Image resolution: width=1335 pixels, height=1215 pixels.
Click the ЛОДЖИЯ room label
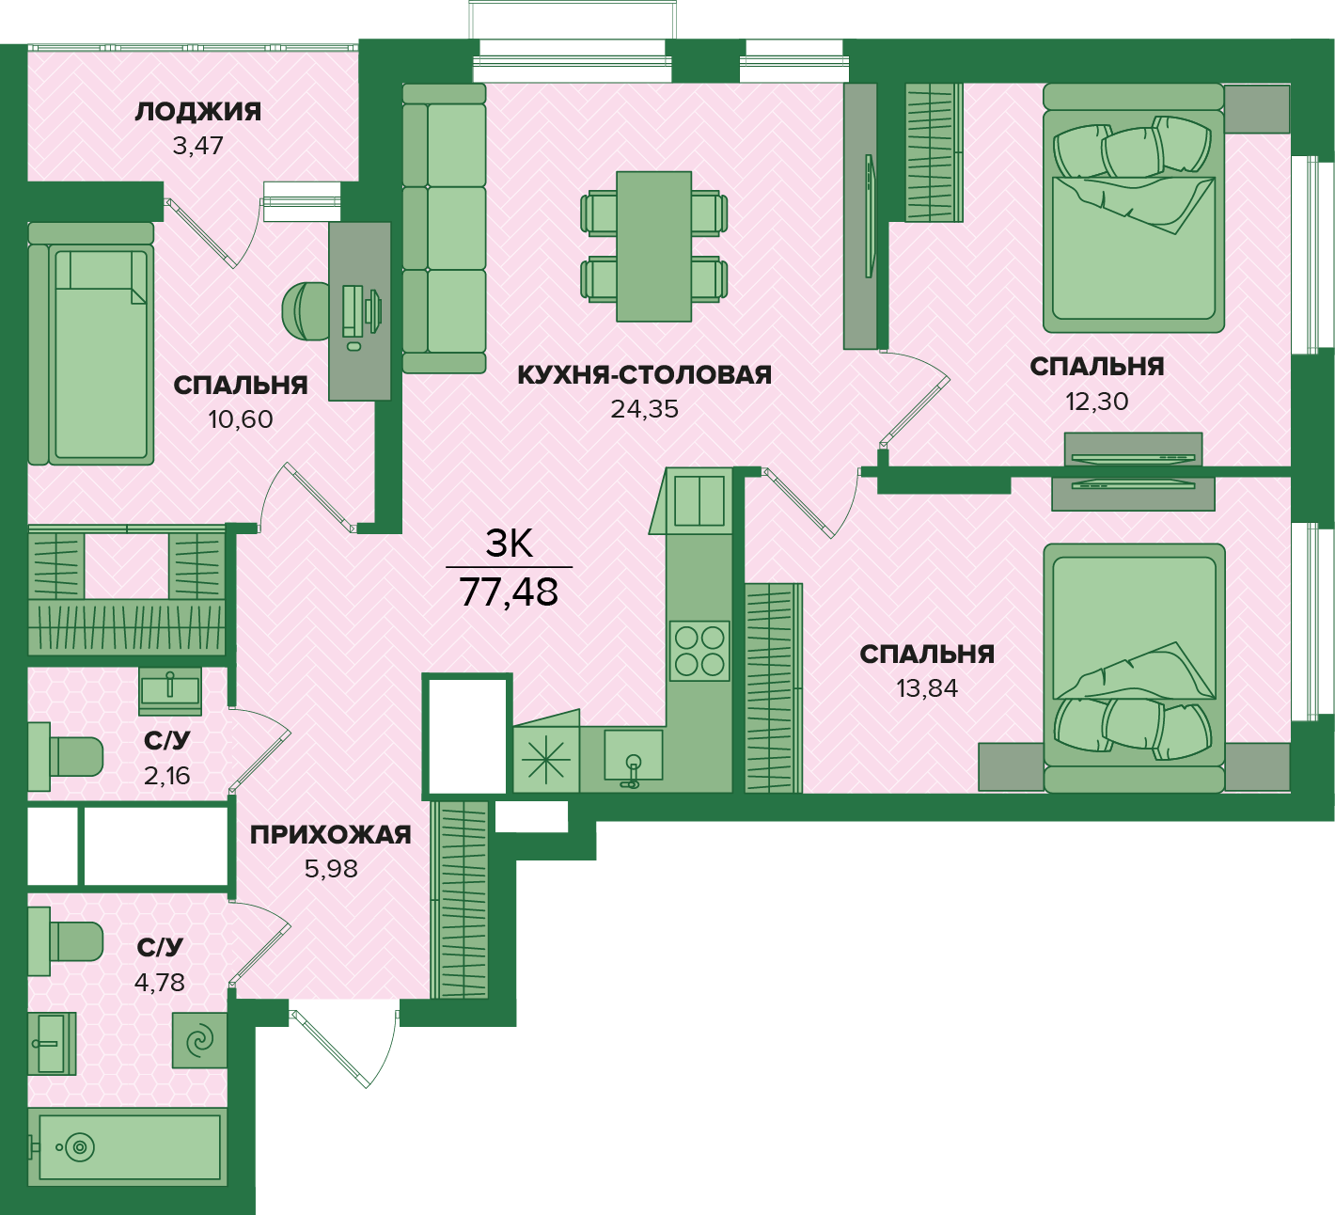click(197, 112)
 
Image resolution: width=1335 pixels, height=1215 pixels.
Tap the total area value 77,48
click(509, 592)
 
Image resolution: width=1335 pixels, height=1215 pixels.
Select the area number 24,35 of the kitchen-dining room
click(644, 409)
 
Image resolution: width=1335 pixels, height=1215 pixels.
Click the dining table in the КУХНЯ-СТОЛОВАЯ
click(653, 246)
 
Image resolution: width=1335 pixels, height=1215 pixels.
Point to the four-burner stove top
click(699, 651)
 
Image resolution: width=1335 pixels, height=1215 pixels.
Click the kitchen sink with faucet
click(633, 758)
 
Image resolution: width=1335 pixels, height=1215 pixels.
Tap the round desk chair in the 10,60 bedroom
click(306, 310)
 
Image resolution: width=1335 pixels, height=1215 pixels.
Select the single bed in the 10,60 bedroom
click(91, 343)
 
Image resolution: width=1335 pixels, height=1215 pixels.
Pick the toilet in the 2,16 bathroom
click(65, 756)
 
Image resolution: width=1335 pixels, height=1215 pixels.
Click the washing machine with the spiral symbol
click(199, 1041)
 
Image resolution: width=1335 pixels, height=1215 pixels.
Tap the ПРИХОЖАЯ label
click(331, 835)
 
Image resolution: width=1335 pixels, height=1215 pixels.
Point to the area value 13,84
click(927, 687)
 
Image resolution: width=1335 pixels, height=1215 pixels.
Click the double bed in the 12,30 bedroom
click(1134, 208)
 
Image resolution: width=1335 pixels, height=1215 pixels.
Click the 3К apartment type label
click(510, 544)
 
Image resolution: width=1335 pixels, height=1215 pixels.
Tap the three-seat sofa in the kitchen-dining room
click(444, 229)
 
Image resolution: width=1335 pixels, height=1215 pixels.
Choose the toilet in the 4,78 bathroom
click(65, 941)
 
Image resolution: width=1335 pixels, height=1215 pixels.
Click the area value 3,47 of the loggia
click(197, 145)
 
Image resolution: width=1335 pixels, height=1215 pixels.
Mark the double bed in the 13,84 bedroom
click(1134, 668)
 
